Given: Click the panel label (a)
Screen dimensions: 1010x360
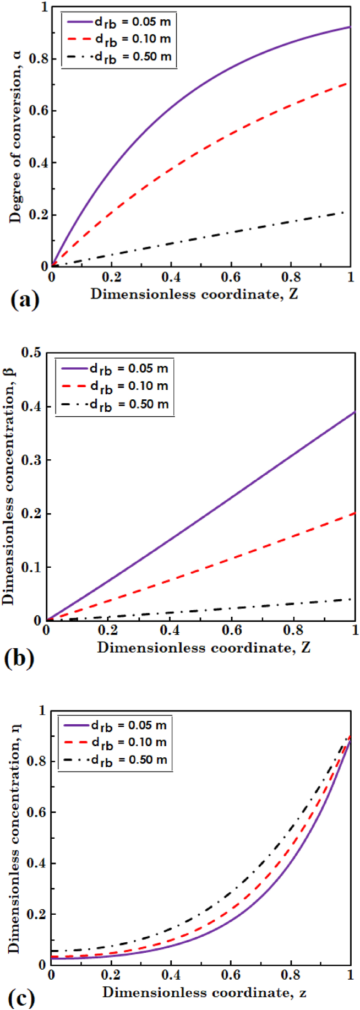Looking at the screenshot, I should click(x=25, y=300).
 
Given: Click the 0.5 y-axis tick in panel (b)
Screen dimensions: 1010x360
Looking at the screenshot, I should click(x=31, y=353).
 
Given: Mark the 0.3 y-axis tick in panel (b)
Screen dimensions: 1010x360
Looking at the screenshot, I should click(x=31, y=460).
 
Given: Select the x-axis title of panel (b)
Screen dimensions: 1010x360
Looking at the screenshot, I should click(x=204, y=647).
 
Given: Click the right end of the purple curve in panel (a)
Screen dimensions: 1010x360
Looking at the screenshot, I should click(x=350, y=26).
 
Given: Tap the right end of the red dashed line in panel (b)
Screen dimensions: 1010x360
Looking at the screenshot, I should click(x=355, y=513).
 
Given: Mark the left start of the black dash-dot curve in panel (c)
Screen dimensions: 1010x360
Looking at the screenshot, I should click(x=52, y=951).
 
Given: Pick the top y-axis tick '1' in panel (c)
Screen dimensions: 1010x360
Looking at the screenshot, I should click(x=42, y=710).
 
